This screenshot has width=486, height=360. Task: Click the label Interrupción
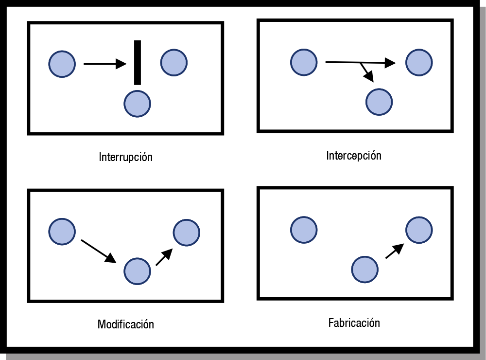(126, 157)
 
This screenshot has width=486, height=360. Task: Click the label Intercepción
(354, 156)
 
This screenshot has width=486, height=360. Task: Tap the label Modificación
(126, 324)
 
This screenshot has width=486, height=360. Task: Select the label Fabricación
(354, 323)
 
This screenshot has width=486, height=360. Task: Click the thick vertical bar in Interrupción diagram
(138, 63)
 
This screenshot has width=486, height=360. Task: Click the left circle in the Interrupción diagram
(62, 64)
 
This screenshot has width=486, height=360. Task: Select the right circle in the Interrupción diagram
(174, 62)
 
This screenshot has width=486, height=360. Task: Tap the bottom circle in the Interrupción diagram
(138, 103)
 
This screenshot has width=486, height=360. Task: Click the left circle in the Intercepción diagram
(304, 62)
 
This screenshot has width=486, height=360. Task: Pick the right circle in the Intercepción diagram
(419, 62)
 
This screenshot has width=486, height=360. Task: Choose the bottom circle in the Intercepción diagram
(379, 102)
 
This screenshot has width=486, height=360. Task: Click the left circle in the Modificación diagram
(62, 232)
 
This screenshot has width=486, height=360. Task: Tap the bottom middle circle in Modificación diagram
(138, 271)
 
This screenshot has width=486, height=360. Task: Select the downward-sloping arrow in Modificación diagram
(99, 251)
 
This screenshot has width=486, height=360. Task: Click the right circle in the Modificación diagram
(186, 232)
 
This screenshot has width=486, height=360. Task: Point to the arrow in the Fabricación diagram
(395, 251)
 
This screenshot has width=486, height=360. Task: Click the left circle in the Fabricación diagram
(304, 229)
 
